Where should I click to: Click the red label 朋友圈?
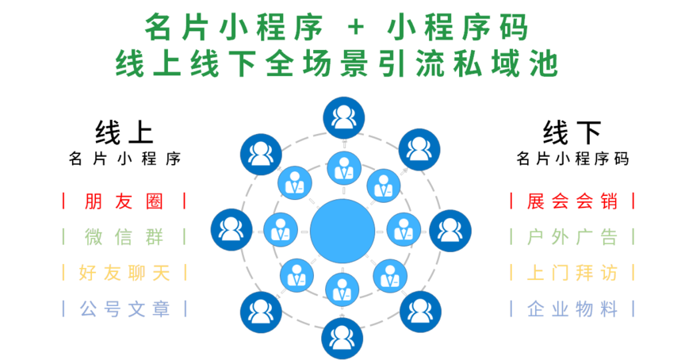(124, 201)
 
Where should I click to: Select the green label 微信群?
(124, 236)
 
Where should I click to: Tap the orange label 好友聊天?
(124, 273)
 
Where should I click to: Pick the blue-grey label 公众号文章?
(124, 308)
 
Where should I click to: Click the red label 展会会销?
(572, 201)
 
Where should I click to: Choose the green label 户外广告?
(572, 236)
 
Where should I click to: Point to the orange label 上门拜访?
(572, 273)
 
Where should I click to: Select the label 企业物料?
(572, 308)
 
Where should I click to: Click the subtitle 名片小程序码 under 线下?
(572, 159)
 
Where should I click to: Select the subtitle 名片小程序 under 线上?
(124, 159)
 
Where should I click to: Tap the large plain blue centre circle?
(342, 231)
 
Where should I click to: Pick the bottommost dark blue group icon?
(342, 339)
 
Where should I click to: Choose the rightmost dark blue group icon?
(450, 230)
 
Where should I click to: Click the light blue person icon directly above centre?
(342, 168)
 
